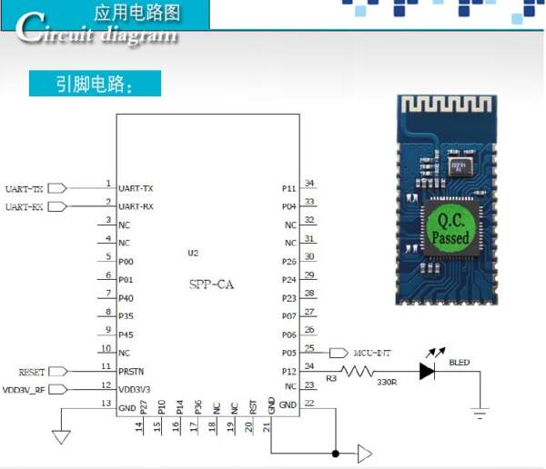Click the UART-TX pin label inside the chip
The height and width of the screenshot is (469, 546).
[x=136, y=188]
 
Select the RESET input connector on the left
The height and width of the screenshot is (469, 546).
[x=56, y=372]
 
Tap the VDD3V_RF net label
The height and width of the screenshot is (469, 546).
[x=24, y=390]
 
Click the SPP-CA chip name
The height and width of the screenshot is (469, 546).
[x=211, y=284]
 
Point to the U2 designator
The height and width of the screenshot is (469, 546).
[x=192, y=253]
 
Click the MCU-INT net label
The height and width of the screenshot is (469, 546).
[x=373, y=353]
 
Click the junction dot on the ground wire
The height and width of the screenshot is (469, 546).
[x=336, y=453]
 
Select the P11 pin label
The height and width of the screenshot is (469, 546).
[x=289, y=188]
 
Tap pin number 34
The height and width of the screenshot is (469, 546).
[x=309, y=183]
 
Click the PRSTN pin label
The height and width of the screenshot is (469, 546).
[x=131, y=372]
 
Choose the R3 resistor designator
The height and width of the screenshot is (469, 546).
[x=330, y=377]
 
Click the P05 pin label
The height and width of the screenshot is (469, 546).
[x=289, y=353]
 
